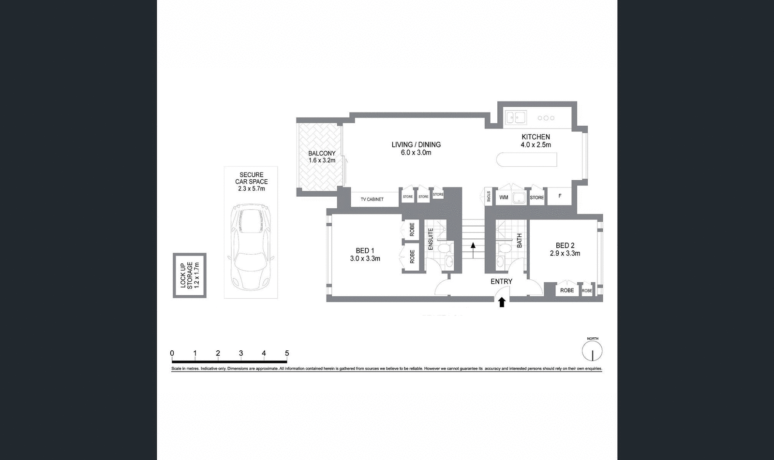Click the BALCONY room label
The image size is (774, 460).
322,157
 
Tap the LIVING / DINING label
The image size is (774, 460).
416,148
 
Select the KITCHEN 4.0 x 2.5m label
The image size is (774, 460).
536,141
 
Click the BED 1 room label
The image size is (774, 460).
365,254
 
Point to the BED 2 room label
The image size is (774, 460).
565,249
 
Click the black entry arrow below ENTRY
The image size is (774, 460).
502,302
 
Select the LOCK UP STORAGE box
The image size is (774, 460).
190,275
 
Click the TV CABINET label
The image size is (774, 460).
372,199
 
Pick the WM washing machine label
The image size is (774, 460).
504,197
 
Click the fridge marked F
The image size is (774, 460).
560,196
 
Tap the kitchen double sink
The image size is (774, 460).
515,117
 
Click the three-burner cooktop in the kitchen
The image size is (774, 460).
546,118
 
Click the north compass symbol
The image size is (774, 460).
592,351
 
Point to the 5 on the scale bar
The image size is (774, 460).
287,353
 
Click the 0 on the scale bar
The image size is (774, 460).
172,353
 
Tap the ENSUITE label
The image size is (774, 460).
431,239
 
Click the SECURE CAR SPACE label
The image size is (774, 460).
251,182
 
